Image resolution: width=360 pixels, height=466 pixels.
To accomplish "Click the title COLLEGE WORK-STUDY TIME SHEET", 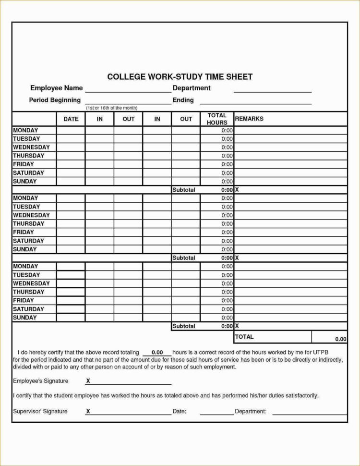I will [180, 77].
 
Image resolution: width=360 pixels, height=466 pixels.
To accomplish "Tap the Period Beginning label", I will [55, 100].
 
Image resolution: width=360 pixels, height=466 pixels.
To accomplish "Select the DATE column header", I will [71, 119].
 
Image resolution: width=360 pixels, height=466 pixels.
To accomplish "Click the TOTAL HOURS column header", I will [217, 119].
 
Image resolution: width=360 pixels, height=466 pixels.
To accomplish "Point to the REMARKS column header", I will [249, 119].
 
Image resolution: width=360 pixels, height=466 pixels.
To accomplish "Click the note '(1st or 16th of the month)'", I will [112, 108].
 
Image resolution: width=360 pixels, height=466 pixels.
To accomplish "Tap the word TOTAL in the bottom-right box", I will [245, 337].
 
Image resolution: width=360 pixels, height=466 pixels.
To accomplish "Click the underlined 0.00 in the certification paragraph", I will [157, 353].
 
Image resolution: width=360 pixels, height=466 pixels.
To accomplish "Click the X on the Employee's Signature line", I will [88, 381].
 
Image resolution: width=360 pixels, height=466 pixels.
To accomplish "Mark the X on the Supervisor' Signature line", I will [88, 412].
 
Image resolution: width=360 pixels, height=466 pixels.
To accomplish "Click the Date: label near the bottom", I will [179, 412].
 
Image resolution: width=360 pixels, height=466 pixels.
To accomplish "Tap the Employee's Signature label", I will [41, 381].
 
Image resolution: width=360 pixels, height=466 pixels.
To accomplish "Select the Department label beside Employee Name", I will [192, 88].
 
